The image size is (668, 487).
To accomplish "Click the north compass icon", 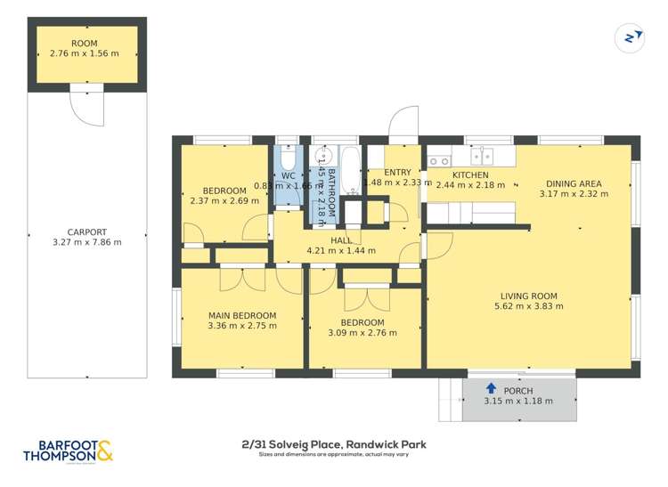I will [629, 37].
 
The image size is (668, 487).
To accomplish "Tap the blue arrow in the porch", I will [490, 388].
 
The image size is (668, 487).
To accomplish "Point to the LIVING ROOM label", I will [525, 296].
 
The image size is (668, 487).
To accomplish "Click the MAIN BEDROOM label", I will [242, 315].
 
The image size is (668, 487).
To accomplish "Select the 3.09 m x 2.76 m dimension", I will [363, 333].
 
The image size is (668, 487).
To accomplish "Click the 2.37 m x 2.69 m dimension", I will [224, 200].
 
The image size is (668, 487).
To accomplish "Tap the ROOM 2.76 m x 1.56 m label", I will [86, 49].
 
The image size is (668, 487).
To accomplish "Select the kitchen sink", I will [482, 155].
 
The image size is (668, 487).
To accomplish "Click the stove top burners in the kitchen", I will [438, 161].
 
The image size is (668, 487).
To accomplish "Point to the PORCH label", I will [517, 389].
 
